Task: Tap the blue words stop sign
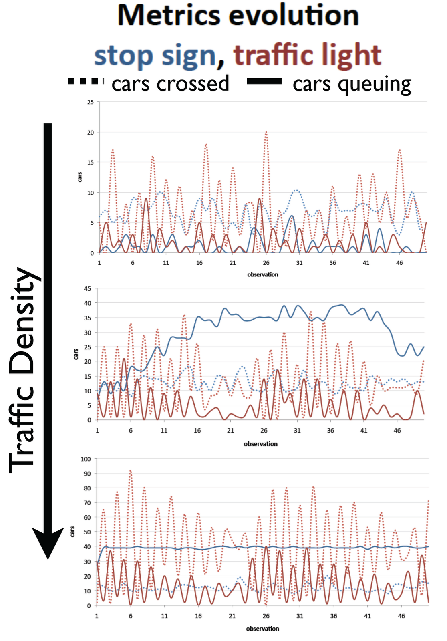coord(155,55)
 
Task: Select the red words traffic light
coord(307,55)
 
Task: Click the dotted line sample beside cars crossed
coord(83,81)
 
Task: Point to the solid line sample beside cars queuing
coord(264,82)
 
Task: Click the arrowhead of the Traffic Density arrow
coord(48,543)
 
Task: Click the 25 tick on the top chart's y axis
coord(91,102)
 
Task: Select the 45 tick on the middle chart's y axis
coord(87,288)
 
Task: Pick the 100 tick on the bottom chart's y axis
coord(86,459)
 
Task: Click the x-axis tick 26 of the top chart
coord(266,263)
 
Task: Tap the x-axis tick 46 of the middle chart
coord(397,431)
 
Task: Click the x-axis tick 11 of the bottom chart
coord(164,616)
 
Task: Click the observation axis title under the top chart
coord(262,275)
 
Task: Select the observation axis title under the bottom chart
coord(262,629)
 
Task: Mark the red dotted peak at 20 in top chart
coord(266,133)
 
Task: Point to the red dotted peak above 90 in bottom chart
coord(130,471)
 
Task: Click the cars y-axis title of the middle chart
coord(76,354)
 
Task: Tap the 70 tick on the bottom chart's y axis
coord(87,503)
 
